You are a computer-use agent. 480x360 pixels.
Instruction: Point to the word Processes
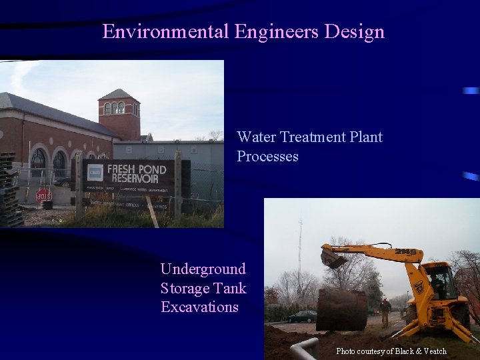pos(267,157)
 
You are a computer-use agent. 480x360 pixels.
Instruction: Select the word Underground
pos(203,269)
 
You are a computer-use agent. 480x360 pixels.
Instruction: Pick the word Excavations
pos(199,307)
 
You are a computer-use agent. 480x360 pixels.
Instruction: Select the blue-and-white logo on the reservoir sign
pos(95,173)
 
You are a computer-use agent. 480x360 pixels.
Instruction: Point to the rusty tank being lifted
pos(341,309)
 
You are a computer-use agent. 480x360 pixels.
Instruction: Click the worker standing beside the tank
pos(386,312)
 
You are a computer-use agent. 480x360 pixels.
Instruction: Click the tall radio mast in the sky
pos(300,253)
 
